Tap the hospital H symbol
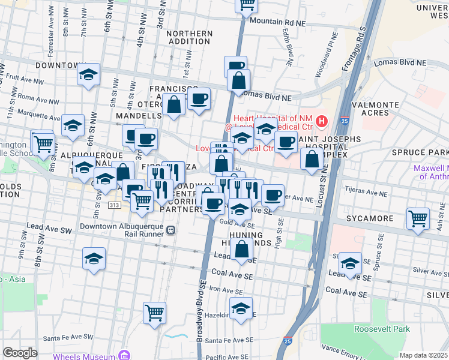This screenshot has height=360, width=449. pos(321,122)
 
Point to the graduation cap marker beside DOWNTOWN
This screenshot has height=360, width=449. pos(89,75)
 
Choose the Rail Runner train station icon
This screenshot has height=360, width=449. pos(171,229)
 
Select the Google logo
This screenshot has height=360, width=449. pos(20,352)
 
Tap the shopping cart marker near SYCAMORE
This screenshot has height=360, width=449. pos(418,219)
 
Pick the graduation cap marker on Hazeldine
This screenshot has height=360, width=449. pos(241,310)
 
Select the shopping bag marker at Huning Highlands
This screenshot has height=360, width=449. pos(242,250)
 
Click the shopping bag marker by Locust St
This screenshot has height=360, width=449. pos(312,160)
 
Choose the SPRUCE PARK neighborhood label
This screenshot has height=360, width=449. pos(420,152)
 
